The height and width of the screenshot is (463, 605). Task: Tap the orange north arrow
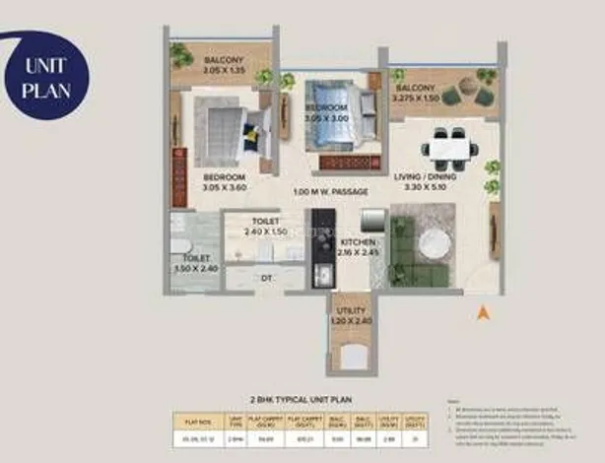coord(483,314)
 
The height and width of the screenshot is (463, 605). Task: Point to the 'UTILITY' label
coord(351,314)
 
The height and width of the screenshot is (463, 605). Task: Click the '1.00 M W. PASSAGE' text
coord(331,191)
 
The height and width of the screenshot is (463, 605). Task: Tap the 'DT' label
coord(265,279)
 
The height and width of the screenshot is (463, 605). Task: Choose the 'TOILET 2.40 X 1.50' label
coord(265,227)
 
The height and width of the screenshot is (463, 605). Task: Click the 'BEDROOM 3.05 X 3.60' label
coord(225,180)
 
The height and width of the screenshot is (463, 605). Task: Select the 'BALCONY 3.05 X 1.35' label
coord(224,63)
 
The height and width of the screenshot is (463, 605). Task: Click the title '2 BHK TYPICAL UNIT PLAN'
coord(302,399)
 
